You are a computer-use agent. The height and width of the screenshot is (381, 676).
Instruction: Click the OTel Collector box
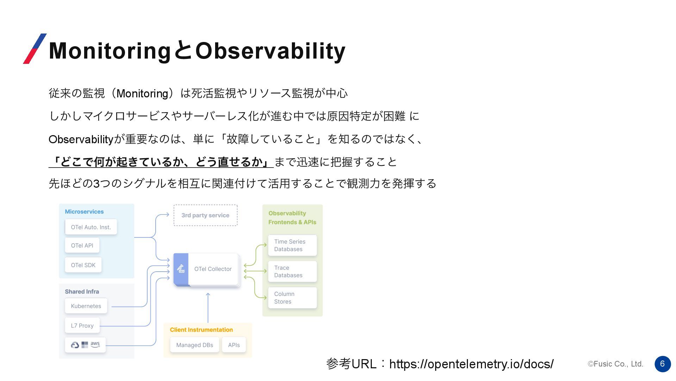tap(207, 270)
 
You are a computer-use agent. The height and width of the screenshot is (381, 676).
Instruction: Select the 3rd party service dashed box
tap(206, 215)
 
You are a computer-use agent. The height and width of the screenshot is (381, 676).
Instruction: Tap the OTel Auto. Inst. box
tap(91, 227)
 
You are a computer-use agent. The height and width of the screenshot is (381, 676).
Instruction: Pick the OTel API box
tap(82, 246)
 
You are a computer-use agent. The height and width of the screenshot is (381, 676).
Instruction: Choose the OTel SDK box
tap(83, 265)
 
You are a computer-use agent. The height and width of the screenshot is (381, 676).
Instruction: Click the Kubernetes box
tap(86, 306)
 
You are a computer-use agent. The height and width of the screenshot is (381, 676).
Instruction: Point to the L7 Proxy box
tap(82, 326)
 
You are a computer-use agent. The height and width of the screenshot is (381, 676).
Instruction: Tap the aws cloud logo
tap(95, 344)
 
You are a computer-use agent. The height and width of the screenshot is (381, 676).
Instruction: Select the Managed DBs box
tap(195, 345)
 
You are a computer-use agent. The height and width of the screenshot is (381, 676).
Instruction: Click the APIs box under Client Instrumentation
tap(234, 345)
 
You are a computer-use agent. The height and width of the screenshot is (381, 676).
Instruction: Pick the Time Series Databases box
tap(292, 245)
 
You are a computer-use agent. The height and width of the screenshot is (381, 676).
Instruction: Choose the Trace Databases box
tap(292, 271)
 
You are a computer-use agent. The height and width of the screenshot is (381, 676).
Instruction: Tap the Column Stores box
tap(292, 298)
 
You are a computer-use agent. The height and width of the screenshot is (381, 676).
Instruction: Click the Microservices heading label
tap(84, 212)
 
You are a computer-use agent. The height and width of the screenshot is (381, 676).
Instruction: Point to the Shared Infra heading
tap(82, 291)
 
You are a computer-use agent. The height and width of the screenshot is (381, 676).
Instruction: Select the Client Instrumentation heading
tap(201, 330)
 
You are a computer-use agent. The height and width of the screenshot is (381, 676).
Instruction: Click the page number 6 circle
tap(663, 364)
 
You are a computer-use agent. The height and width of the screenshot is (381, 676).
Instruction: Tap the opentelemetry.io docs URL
tap(471, 364)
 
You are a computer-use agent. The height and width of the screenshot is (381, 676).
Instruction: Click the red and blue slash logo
tap(35, 49)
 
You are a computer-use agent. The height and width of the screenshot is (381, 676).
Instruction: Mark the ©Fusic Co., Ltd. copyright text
tap(615, 364)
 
